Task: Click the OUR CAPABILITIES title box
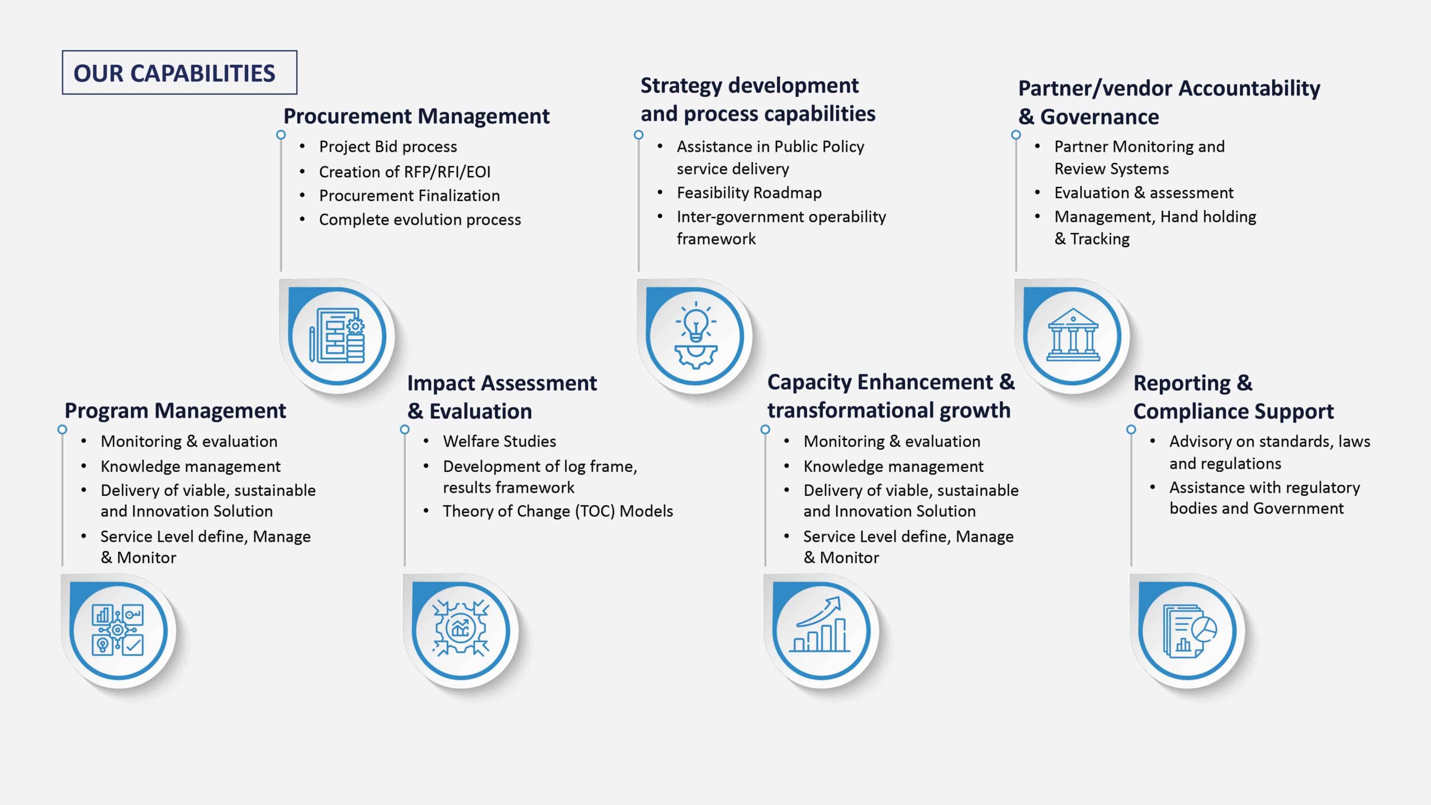(179, 73)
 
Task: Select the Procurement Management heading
(416, 116)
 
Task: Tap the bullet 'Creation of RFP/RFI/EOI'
(405, 172)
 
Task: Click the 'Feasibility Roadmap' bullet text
(749, 193)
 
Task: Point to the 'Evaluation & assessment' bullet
(1144, 193)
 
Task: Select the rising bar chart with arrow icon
(819, 624)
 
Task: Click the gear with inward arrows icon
(461, 628)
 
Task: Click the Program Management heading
(175, 411)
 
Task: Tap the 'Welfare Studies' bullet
(499, 442)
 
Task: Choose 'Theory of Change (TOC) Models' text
(558, 512)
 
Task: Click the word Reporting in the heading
(1182, 383)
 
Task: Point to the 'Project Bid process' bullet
(388, 146)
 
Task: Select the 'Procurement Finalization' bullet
(409, 196)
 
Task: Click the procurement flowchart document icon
(337, 335)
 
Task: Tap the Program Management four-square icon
(117, 630)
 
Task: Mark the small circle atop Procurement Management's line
(281, 135)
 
